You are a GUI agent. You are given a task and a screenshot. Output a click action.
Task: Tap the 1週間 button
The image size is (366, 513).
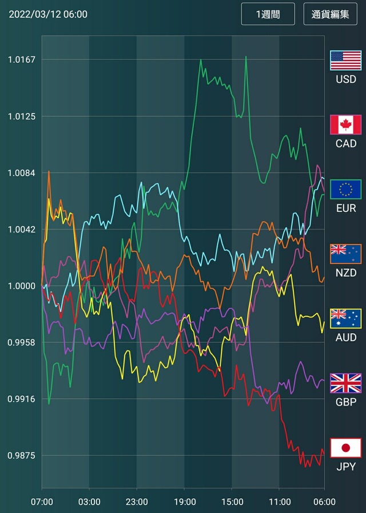(x=268, y=14)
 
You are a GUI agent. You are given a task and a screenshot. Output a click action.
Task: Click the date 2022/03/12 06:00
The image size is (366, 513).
(x=48, y=14)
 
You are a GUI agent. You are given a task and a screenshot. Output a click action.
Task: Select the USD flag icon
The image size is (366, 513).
(x=345, y=60)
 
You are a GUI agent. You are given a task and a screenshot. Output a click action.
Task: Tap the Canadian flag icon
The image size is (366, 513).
(x=345, y=125)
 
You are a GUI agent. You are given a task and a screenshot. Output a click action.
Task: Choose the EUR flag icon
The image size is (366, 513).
(x=345, y=189)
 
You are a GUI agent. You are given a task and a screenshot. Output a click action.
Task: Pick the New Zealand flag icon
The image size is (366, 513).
(x=345, y=254)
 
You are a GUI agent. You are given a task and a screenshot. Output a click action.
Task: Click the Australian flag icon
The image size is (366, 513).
(x=345, y=318)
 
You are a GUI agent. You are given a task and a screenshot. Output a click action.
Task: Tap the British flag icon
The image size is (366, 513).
(x=345, y=383)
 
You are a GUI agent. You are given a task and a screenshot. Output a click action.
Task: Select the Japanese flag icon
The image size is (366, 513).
(x=345, y=448)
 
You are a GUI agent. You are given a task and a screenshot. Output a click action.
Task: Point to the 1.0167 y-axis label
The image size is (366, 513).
(x=22, y=59)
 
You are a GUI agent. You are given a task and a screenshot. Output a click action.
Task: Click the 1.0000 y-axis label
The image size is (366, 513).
(x=22, y=286)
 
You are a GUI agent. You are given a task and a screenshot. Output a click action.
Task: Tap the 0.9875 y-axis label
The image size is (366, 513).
(x=22, y=455)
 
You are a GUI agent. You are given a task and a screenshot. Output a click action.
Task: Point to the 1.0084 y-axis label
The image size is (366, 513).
(x=22, y=173)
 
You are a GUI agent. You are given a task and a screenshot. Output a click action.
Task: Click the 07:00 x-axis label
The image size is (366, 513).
(x=42, y=502)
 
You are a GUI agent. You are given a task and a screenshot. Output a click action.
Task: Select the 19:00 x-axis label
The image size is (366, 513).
(x=184, y=502)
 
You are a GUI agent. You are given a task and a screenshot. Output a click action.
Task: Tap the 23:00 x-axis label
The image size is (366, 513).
(x=136, y=502)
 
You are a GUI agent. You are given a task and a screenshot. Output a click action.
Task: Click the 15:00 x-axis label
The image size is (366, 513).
(x=231, y=502)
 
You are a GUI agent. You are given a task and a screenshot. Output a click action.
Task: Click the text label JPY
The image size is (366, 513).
(x=345, y=467)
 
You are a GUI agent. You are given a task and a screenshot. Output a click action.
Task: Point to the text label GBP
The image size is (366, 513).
(x=345, y=402)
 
